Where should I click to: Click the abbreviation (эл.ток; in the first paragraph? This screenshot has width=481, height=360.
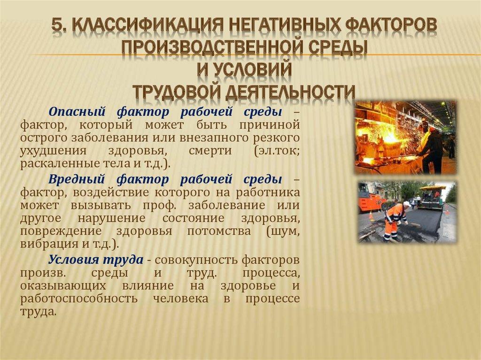(275, 152)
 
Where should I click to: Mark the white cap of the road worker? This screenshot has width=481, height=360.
(406, 204)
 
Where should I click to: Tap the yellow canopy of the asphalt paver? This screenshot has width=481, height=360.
(432, 188)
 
